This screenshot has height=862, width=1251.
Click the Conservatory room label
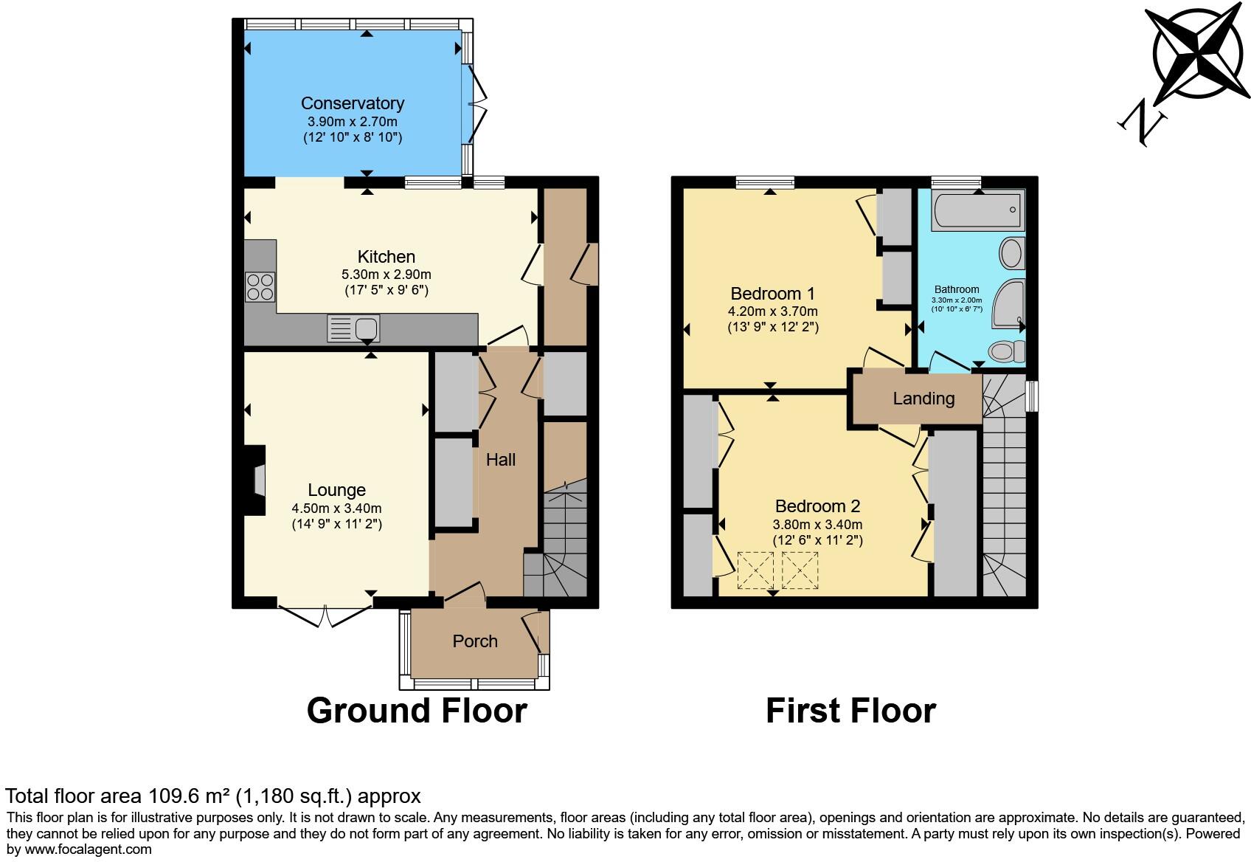352,103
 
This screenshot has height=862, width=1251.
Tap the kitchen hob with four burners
260,286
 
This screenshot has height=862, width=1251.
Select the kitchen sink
353,328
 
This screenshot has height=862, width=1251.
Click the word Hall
500,460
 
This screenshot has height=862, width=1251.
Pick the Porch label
474,641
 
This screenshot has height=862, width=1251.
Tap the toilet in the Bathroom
1005,351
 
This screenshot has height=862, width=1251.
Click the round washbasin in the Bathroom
1011,253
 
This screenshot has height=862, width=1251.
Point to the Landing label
923,399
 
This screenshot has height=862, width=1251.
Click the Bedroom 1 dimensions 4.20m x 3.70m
772,311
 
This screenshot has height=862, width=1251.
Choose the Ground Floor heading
416,711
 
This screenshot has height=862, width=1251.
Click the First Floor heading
850,711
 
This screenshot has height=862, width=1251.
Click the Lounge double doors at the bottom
325,616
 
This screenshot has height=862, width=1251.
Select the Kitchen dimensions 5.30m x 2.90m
386,274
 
